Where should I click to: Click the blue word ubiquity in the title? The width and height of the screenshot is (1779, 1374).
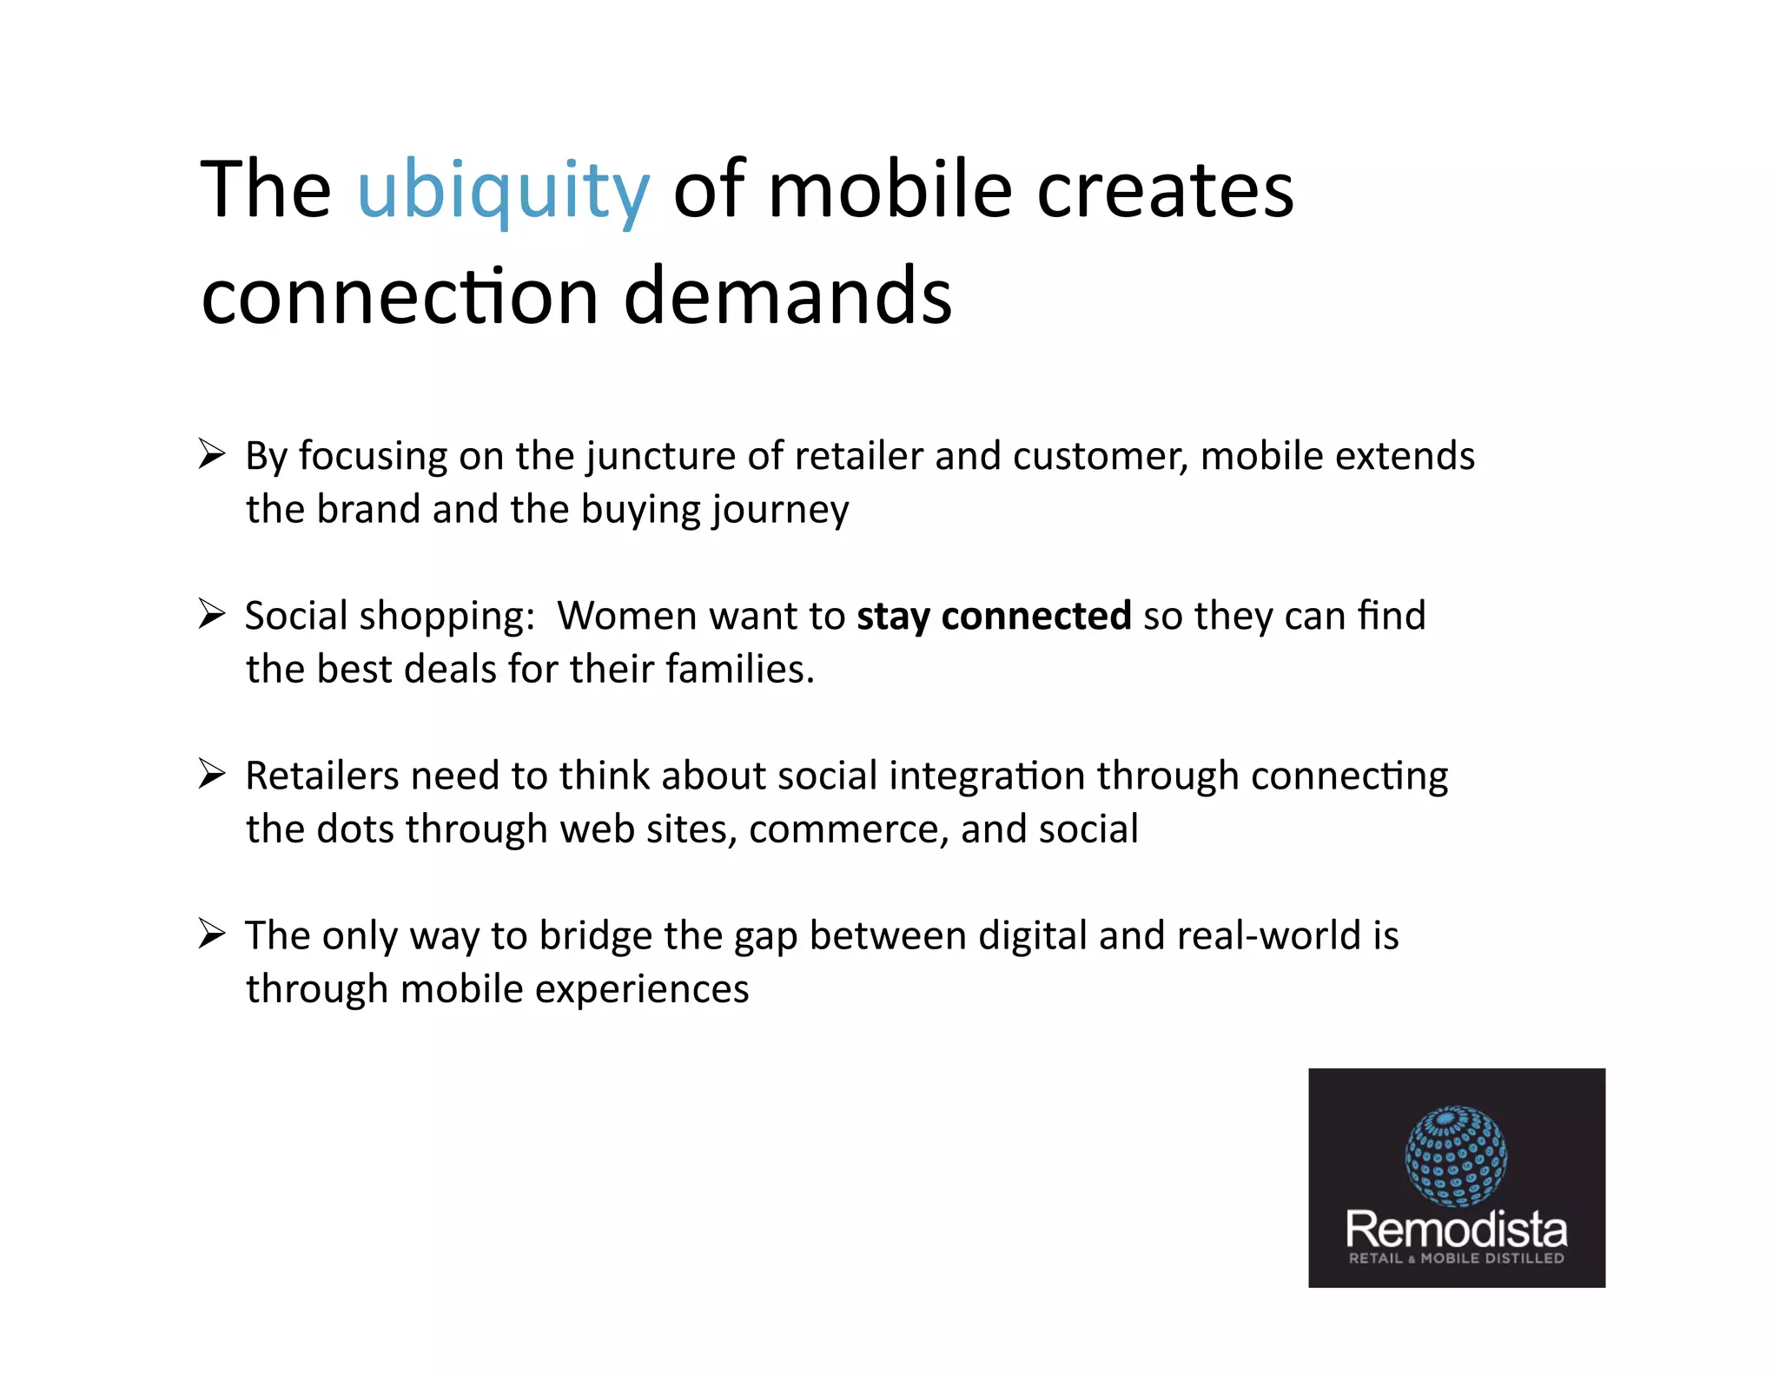tap(503, 190)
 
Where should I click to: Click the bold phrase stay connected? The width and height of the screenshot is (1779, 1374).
tap(994, 616)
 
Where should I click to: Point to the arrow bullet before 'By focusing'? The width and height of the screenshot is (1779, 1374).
tap(211, 453)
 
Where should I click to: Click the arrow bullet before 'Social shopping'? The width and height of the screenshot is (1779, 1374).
tap(211, 613)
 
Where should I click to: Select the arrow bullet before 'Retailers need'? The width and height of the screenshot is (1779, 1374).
tap(211, 773)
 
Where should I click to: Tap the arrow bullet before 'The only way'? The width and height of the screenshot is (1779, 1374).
tap(211, 934)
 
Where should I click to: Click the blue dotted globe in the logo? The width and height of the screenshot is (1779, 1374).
tap(1456, 1156)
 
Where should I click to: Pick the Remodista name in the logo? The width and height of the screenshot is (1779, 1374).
tap(1456, 1229)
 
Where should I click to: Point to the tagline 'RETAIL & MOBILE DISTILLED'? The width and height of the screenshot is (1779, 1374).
tap(1456, 1258)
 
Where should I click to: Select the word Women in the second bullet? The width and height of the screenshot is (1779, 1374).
tap(626, 616)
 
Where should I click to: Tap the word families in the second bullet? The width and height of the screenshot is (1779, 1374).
tap(740, 670)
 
